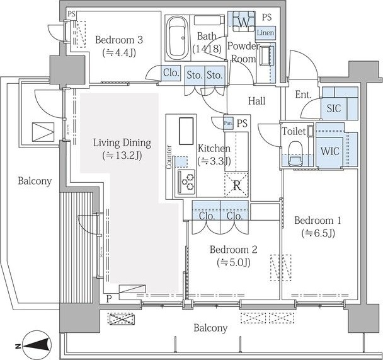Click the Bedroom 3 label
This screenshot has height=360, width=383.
(119, 40)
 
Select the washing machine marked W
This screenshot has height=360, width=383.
(243, 22)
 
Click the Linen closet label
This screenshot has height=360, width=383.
(265, 33)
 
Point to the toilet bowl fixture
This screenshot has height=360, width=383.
(295, 154)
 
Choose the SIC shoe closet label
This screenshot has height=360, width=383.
(334, 108)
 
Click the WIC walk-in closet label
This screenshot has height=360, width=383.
(330, 151)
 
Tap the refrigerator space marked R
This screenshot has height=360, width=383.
(236, 185)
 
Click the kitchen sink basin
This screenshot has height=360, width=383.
(186, 131)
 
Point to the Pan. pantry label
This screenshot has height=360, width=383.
(228, 123)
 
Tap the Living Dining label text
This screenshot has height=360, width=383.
(122, 142)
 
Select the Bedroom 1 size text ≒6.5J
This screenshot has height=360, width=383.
(317, 233)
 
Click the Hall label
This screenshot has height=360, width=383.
(257, 101)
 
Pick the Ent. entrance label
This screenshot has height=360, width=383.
(303, 95)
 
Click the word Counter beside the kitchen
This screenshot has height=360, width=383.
(169, 157)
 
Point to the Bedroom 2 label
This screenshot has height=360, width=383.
(233, 250)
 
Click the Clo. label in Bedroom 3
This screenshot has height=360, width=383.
(171, 73)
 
